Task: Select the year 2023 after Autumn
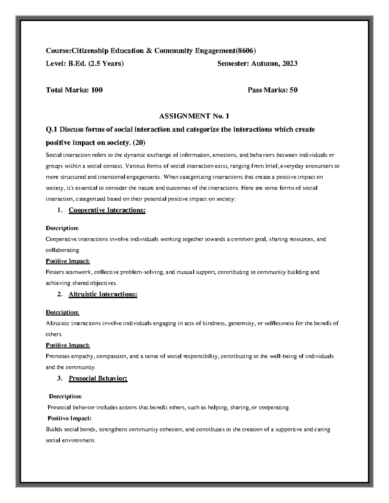290,64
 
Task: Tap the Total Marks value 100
97,90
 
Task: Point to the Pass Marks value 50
293,90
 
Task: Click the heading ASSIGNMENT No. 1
194,116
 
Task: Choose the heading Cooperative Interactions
107,210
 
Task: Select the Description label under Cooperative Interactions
62,228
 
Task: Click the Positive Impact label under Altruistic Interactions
68,345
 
